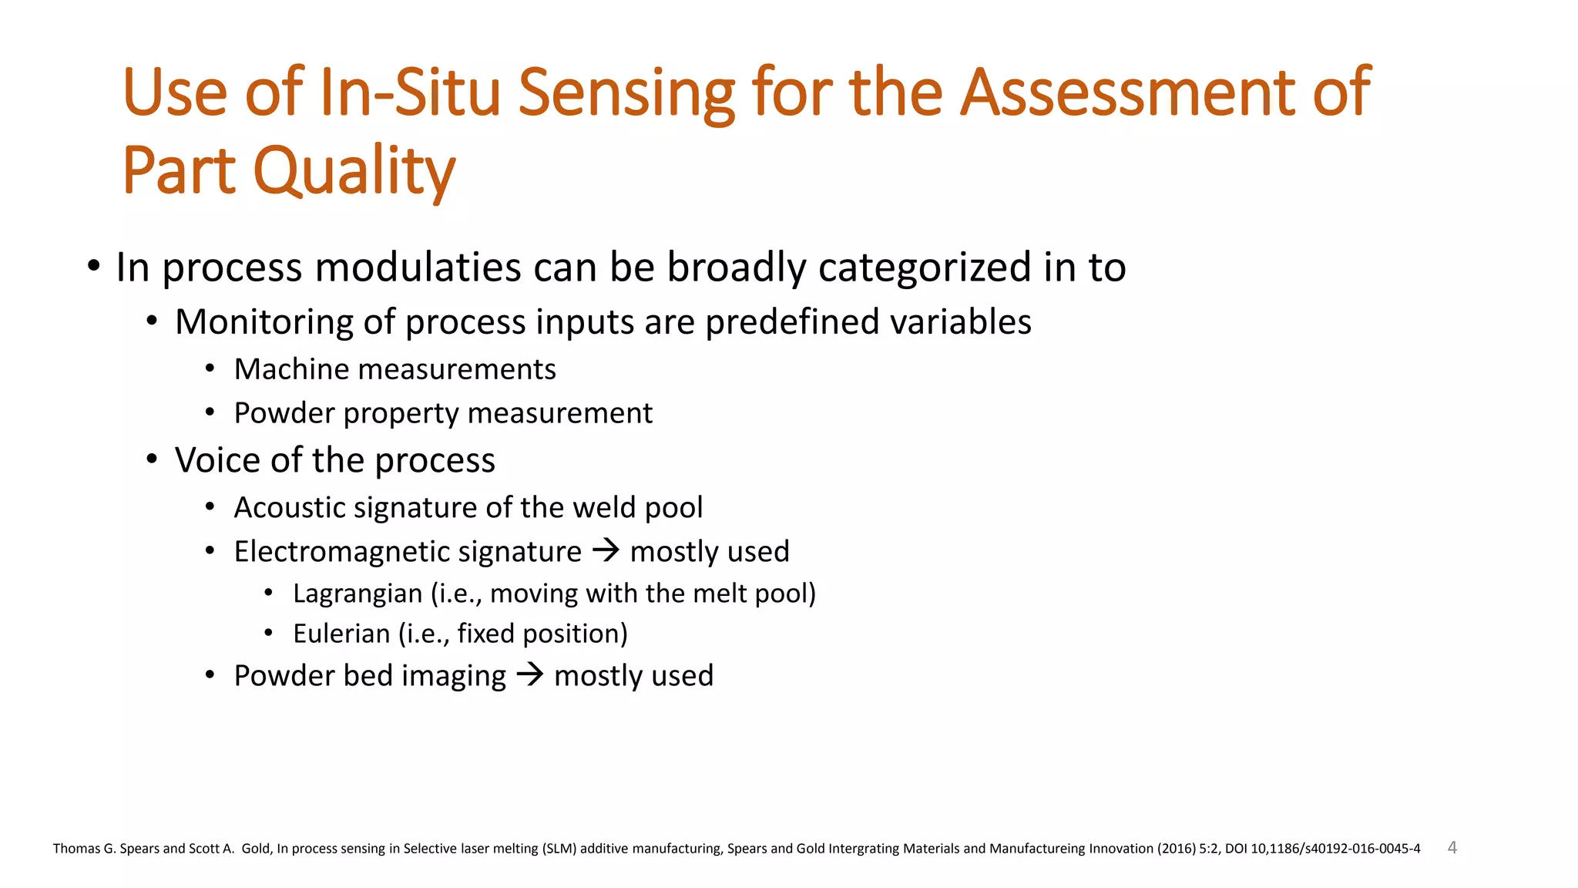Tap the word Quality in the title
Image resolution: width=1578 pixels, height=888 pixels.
tap(354, 171)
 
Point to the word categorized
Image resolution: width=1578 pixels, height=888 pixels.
tap(924, 267)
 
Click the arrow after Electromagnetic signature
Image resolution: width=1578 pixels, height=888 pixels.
tap(606, 551)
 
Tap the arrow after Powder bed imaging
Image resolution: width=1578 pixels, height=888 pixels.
tap(530, 675)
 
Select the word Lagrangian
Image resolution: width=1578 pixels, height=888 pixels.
tap(358, 594)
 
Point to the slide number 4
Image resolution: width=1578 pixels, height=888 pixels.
tap(1452, 847)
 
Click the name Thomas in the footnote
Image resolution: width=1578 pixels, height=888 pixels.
tap(76, 849)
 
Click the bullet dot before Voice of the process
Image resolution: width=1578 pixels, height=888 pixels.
tap(152, 460)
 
